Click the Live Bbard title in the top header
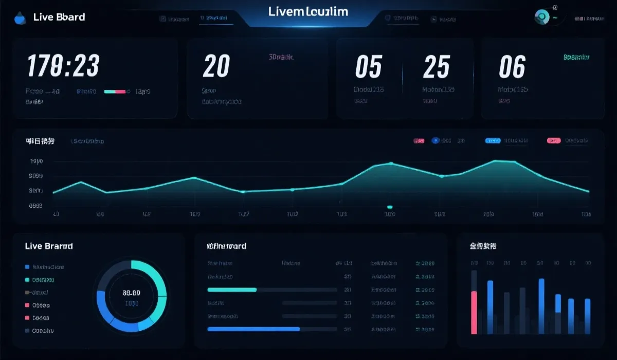pos(59,17)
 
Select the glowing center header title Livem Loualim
pos(308,11)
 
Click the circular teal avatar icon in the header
pos(541,17)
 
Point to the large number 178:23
pos(63,66)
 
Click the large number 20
pos(216,66)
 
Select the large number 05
pos(369,67)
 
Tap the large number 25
pos(436,67)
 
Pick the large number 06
pos(512,67)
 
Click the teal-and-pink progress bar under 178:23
pos(115,92)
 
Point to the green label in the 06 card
pos(576,57)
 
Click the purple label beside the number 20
pos(281,58)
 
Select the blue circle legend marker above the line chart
pos(435,140)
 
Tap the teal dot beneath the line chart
pos(390,207)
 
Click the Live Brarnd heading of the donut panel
pos(49,246)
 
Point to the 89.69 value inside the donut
pos(131,293)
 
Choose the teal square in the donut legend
pos(27,280)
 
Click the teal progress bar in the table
pos(232,290)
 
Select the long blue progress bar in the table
pos(253,329)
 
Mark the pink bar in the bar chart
pos(474,312)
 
